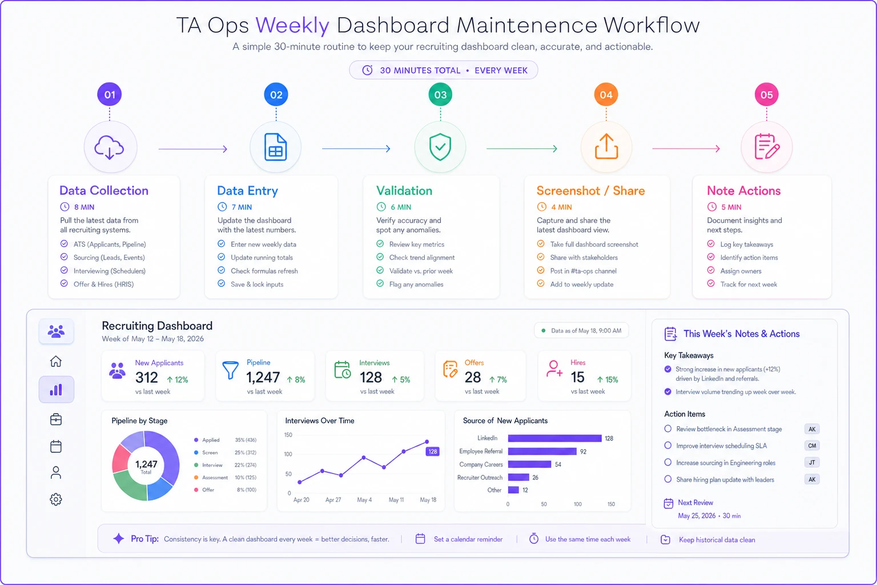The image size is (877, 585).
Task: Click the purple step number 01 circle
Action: click(110, 94)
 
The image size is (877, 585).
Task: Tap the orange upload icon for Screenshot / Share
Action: click(606, 147)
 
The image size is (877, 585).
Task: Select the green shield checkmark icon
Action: click(440, 147)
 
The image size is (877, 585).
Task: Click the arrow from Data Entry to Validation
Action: click(356, 149)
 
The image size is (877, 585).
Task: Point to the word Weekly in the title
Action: click(292, 25)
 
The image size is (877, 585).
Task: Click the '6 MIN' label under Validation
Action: click(401, 207)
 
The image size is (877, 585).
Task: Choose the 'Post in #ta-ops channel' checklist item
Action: click(584, 271)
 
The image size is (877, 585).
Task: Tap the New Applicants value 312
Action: click(146, 377)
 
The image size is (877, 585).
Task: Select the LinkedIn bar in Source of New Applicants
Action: click(555, 438)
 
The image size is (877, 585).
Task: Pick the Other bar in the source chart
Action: click(513, 490)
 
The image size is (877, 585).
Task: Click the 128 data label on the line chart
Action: click(432, 451)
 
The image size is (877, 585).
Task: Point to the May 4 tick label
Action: click(364, 499)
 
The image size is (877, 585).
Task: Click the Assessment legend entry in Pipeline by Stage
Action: click(215, 477)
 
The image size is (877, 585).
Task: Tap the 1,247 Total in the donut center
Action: click(146, 466)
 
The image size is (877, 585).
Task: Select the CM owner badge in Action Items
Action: click(812, 446)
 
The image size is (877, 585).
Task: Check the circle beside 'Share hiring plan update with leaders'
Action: click(668, 479)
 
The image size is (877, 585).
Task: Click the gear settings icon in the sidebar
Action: click(56, 499)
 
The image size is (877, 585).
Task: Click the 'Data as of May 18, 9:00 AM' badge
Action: click(581, 331)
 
